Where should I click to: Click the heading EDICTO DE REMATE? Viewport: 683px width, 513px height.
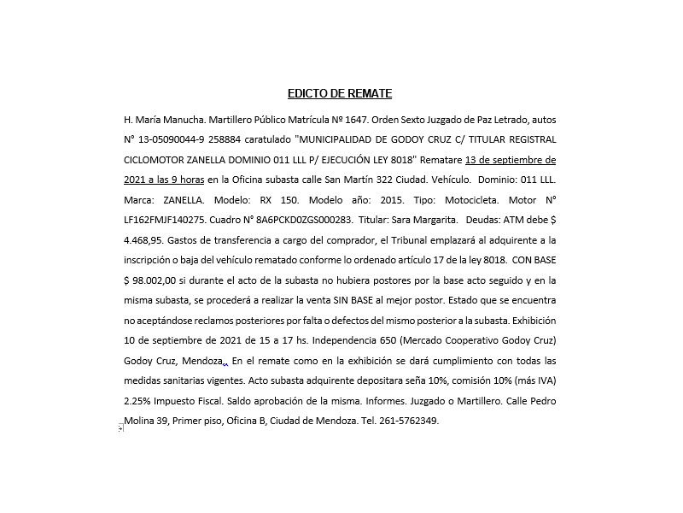[339, 94]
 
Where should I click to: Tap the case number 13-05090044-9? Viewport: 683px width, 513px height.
[179, 139]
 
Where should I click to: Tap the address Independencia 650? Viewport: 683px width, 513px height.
[324, 340]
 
